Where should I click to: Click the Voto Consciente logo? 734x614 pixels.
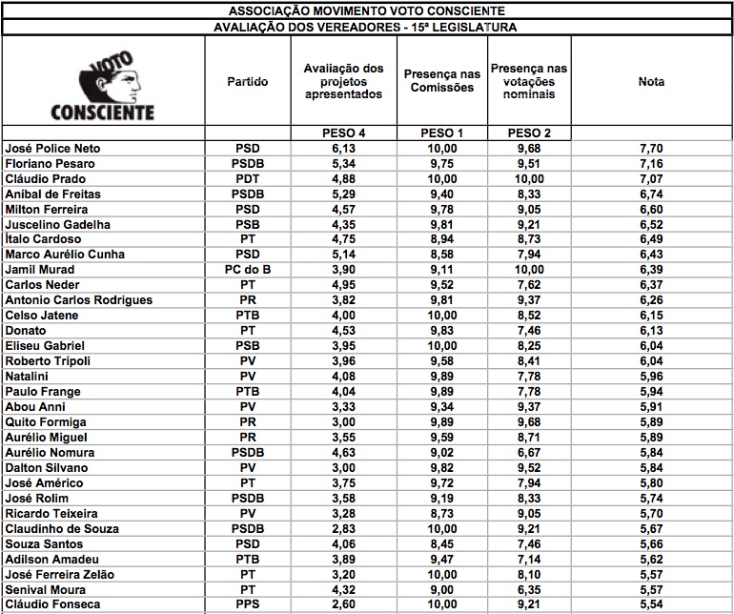tap(103, 86)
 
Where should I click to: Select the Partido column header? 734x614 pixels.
tap(247, 82)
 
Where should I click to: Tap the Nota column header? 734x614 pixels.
tap(651, 82)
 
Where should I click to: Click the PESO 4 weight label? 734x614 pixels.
tap(342, 133)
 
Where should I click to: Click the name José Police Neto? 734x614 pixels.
tap(52, 149)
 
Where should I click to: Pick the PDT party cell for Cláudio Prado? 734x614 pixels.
tap(247, 179)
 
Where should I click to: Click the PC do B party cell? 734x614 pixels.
tap(247, 270)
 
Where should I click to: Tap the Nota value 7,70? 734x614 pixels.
tap(651, 149)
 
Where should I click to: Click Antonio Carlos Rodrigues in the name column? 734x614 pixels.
tap(78, 300)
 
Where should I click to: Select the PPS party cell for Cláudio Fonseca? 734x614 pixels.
tap(247, 605)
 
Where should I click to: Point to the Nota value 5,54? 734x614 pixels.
tap(651, 605)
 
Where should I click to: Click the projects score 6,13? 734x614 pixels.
tap(342, 149)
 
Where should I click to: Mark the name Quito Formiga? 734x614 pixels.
tap(46, 422)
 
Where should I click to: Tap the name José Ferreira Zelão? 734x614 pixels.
tap(65, 575)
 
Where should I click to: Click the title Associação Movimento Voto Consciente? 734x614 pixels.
tap(367, 10)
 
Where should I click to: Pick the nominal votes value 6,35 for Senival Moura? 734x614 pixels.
tap(528, 590)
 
